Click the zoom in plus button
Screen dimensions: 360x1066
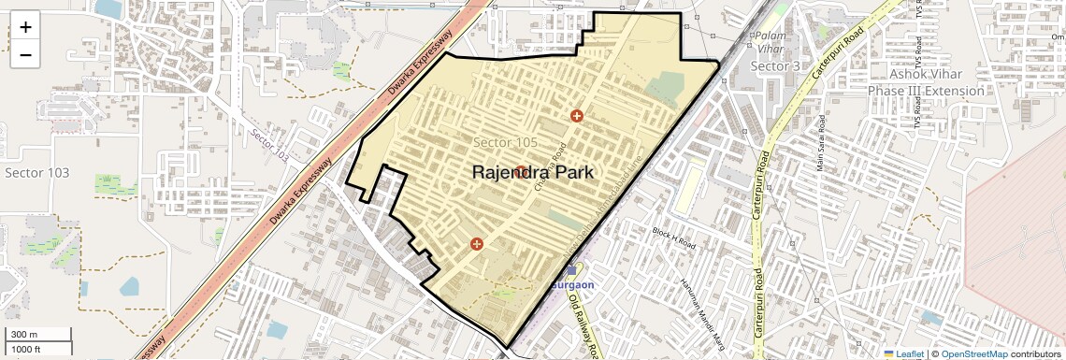click(x=25, y=27)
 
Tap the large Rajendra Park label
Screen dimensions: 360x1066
click(x=532, y=173)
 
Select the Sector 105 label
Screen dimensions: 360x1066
click(x=505, y=142)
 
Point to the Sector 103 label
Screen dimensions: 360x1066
click(x=36, y=173)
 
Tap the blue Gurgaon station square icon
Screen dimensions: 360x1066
click(x=571, y=270)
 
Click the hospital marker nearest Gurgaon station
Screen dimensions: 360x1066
click(x=477, y=244)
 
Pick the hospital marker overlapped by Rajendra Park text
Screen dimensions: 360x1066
click(x=520, y=172)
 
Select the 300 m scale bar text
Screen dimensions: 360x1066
click(x=24, y=335)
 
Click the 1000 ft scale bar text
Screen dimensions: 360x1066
click(x=26, y=349)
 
